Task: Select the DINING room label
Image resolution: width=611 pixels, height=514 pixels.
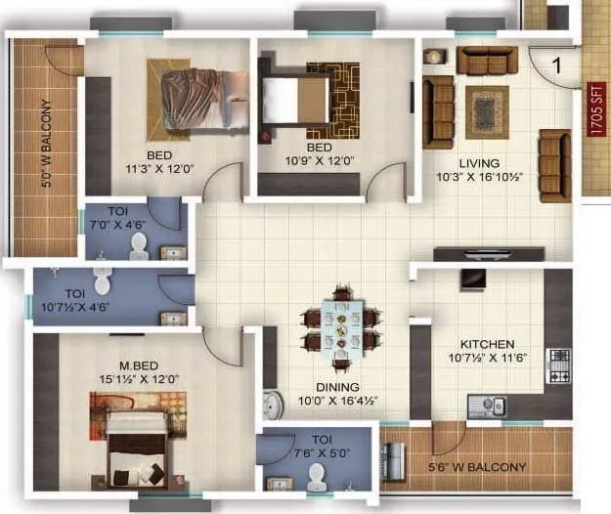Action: click(x=327, y=386)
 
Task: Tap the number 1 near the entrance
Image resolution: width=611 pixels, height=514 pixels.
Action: click(x=556, y=67)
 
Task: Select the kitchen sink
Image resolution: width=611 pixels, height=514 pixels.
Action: click(x=486, y=405)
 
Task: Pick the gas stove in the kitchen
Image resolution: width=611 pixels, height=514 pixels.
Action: click(x=559, y=365)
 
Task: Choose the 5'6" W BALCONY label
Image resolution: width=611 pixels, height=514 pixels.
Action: click(x=477, y=467)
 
